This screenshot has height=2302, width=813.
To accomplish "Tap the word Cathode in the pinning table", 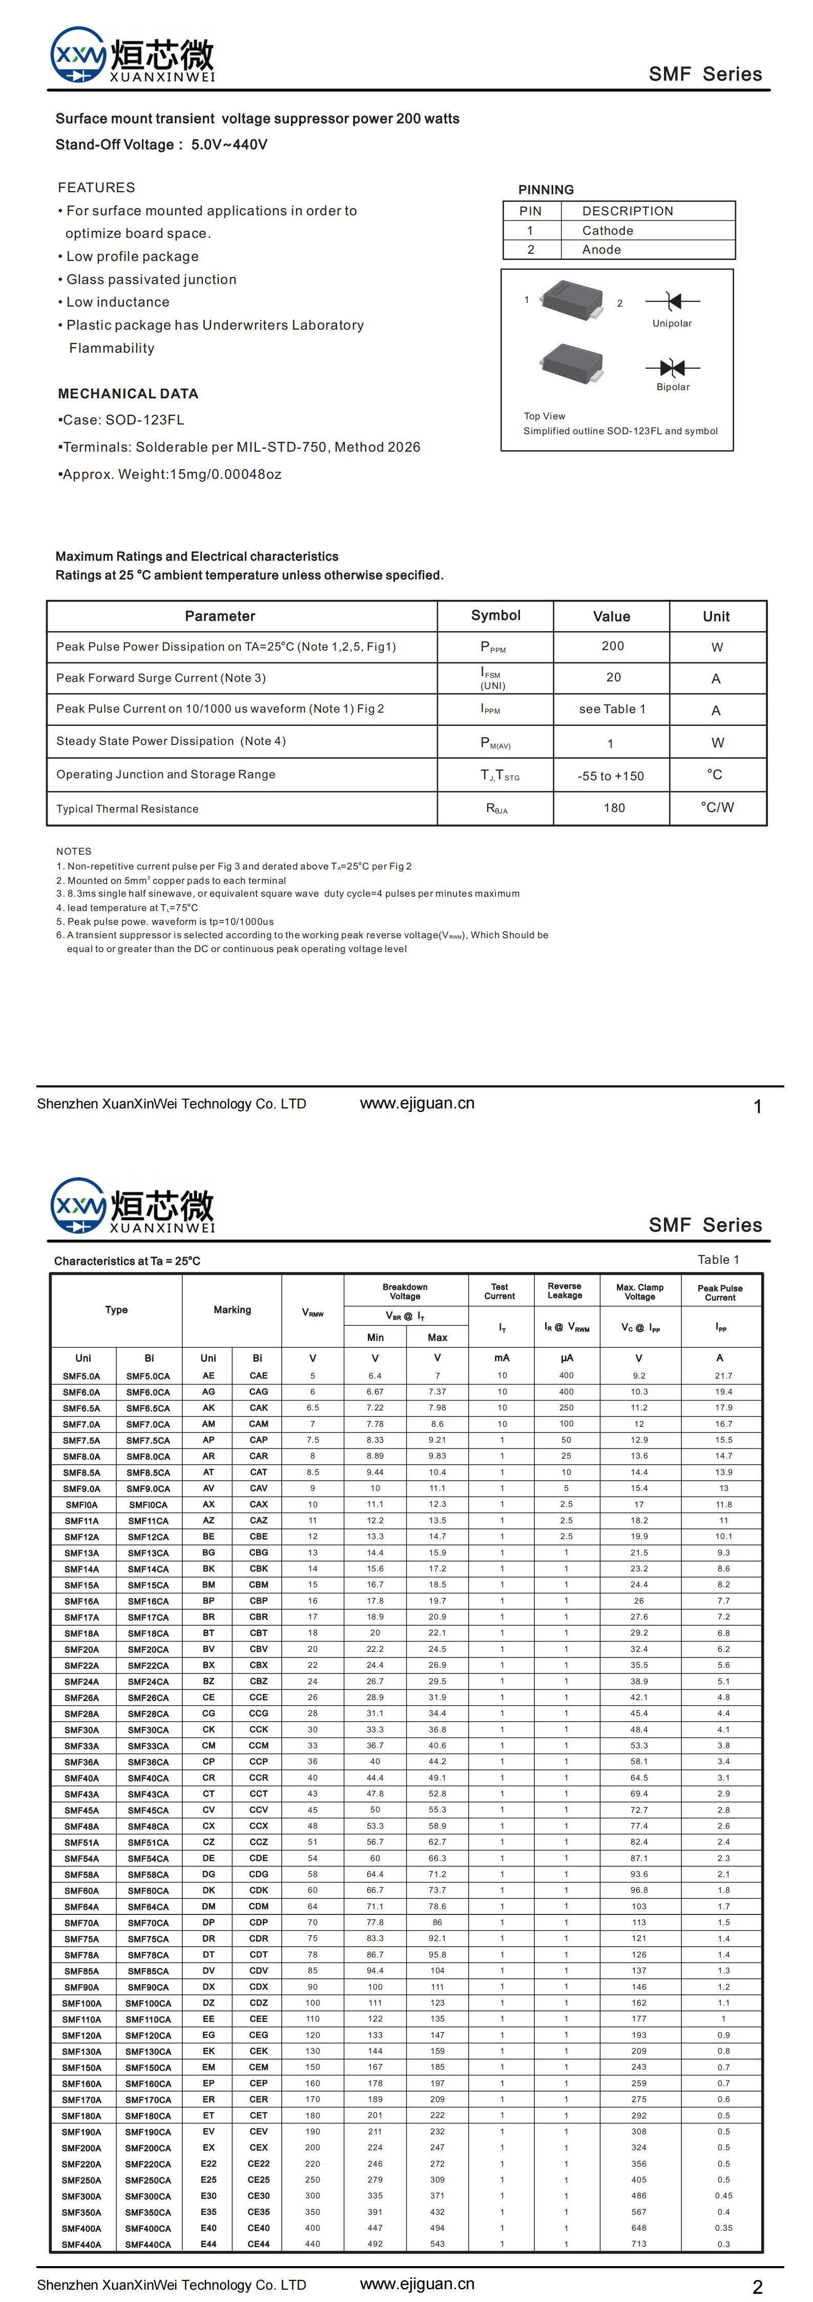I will (x=608, y=231).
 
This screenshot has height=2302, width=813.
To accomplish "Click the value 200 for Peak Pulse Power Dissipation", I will (x=613, y=646).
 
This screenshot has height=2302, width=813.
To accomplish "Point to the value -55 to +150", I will (x=611, y=776).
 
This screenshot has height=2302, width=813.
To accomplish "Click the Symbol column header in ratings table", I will (x=496, y=616).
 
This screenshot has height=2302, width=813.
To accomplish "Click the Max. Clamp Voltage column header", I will (x=640, y=1292).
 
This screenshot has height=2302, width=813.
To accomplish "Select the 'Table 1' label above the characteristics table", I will (x=718, y=1260).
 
